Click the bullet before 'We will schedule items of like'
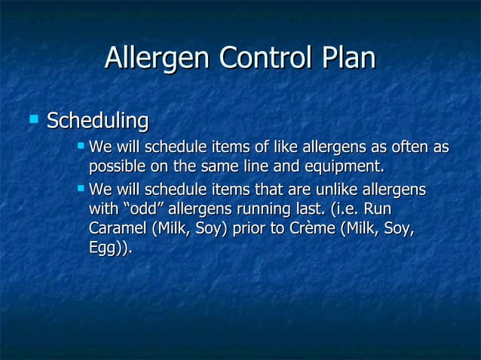(x=81, y=143)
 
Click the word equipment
(x=346, y=166)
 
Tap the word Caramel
(x=117, y=228)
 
